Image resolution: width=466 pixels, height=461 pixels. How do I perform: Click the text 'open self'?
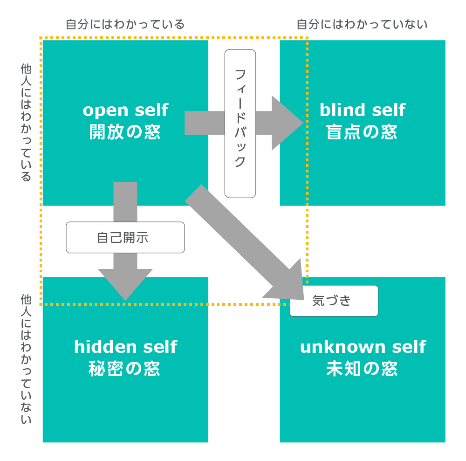point(125,110)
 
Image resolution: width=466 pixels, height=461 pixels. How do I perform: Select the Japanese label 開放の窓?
point(125,132)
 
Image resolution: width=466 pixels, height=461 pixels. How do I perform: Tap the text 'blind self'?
point(362,110)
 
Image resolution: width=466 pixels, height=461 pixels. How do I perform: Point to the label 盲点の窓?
point(362,132)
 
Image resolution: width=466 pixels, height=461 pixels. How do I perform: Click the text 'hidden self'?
point(125,347)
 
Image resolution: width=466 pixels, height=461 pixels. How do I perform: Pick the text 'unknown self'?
point(363,347)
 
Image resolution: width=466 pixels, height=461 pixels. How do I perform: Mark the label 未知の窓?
point(362,369)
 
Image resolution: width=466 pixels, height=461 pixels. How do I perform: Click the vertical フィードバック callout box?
point(240,124)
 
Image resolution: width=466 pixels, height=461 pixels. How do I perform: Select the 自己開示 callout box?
point(125,237)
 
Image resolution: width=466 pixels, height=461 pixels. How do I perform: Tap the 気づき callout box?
point(334,301)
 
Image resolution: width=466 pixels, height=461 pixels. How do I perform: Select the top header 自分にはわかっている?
point(125,24)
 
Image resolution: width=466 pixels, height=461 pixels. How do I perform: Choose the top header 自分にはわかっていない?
point(362,24)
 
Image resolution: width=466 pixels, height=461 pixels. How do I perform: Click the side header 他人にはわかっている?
point(26,122)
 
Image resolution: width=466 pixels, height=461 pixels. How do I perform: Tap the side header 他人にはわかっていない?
point(26,359)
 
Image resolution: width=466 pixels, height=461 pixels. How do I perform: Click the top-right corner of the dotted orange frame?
point(307,38)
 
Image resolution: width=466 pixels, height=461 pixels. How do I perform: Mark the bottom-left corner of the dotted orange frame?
point(41,304)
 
